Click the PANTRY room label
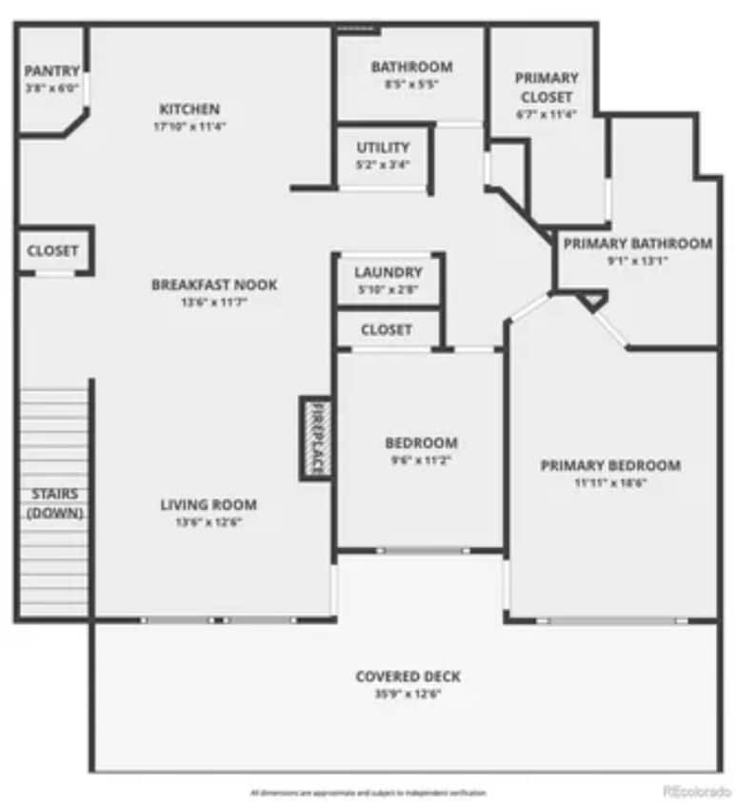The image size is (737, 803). click(x=51, y=70)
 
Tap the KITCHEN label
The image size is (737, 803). click(x=189, y=108)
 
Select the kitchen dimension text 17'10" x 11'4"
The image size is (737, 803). click(x=189, y=126)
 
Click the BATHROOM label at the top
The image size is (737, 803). click(x=411, y=67)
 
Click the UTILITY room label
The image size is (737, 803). click(x=383, y=147)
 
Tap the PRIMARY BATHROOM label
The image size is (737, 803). click(x=637, y=244)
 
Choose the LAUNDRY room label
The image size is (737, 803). click(x=388, y=272)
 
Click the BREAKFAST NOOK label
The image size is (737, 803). click(x=214, y=284)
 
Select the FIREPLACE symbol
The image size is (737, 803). click(x=315, y=438)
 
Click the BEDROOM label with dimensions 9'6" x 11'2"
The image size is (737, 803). click(x=421, y=442)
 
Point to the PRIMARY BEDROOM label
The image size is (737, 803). click(x=610, y=465)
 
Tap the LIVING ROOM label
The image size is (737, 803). click(x=208, y=504)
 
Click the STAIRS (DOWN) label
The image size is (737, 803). click(x=53, y=503)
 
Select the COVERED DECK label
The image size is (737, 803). click(x=408, y=676)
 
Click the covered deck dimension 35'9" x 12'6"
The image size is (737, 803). click(x=408, y=694)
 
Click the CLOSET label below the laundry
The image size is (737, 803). click(x=387, y=329)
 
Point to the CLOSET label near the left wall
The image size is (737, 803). click(x=52, y=251)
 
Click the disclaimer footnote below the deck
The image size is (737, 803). click(x=368, y=792)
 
